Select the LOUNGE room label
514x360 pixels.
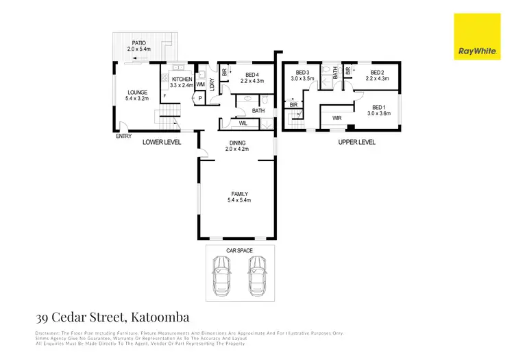[x=138, y=92]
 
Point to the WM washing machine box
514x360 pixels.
[x=200, y=84]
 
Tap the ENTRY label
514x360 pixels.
[x=124, y=135]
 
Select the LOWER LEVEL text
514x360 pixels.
[x=162, y=142]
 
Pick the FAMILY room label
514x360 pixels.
[x=239, y=193]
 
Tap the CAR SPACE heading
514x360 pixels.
[x=239, y=251]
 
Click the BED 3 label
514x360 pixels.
[x=304, y=72]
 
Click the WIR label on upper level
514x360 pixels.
[x=336, y=118]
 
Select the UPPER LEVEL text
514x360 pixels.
[x=357, y=142]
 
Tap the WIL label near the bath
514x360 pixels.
[x=243, y=123]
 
